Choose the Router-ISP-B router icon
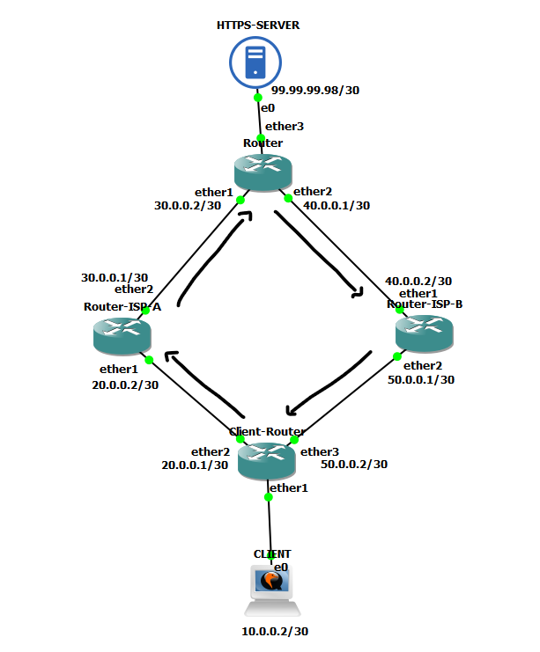425,333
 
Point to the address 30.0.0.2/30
187,206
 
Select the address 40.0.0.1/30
337,206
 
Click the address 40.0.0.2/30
418,281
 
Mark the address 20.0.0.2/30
125,385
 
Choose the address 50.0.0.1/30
421,380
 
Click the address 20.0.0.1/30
196,465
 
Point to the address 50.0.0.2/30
354,464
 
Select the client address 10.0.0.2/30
275,631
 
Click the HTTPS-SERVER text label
258,25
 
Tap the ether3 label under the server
285,126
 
